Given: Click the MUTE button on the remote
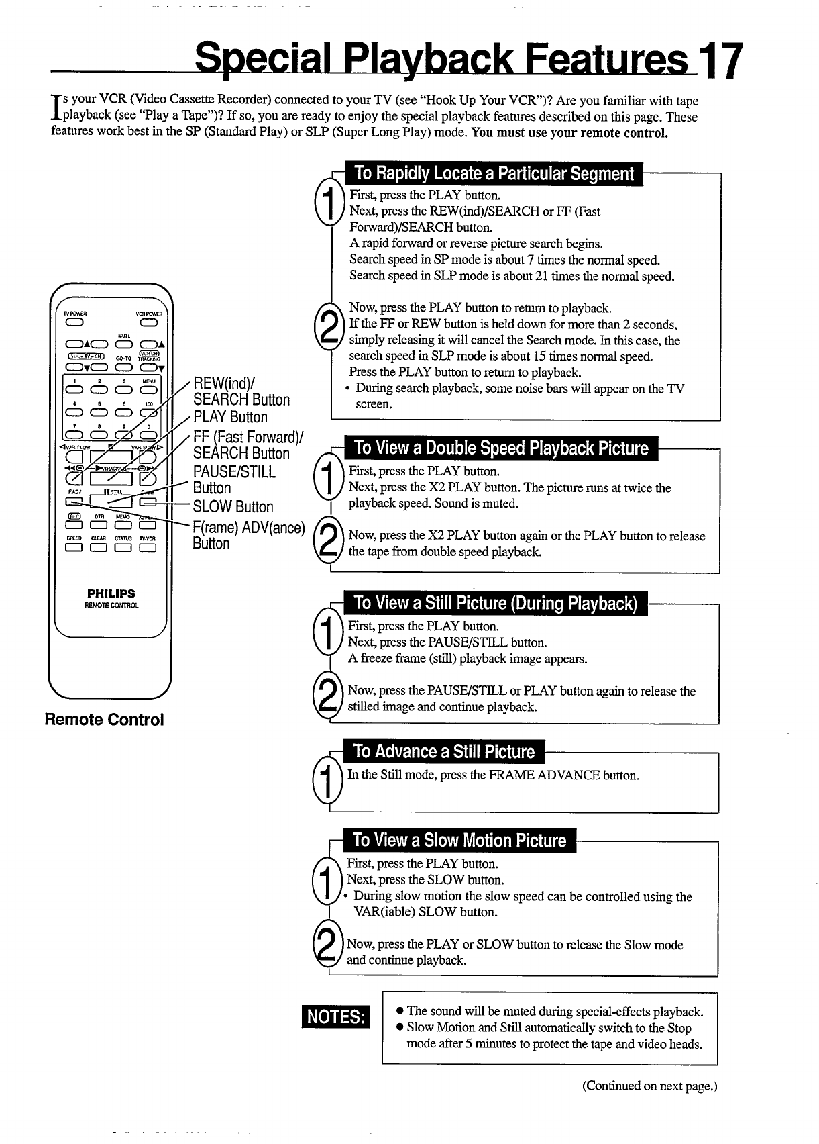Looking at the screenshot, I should click(123, 346).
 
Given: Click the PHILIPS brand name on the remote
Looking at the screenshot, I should click(111, 593).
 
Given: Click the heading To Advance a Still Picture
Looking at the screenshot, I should click(443, 752).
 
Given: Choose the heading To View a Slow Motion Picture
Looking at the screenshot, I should click(459, 841).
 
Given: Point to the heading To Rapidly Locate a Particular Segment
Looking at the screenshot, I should click(494, 174).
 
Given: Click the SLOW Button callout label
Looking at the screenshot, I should click(233, 507).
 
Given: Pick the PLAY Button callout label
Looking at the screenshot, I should click(230, 417).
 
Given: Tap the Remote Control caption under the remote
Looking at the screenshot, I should click(104, 720).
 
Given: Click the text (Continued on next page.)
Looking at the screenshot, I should click(649, 1086).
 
